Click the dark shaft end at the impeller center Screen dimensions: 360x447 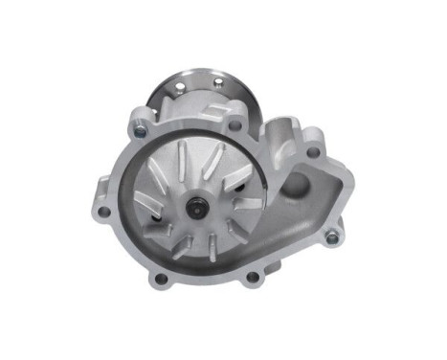point(196,205)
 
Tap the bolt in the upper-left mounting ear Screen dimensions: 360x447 point(142,122)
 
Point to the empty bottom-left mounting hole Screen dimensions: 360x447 point(160,279)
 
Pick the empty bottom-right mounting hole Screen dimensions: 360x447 point(252,278)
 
